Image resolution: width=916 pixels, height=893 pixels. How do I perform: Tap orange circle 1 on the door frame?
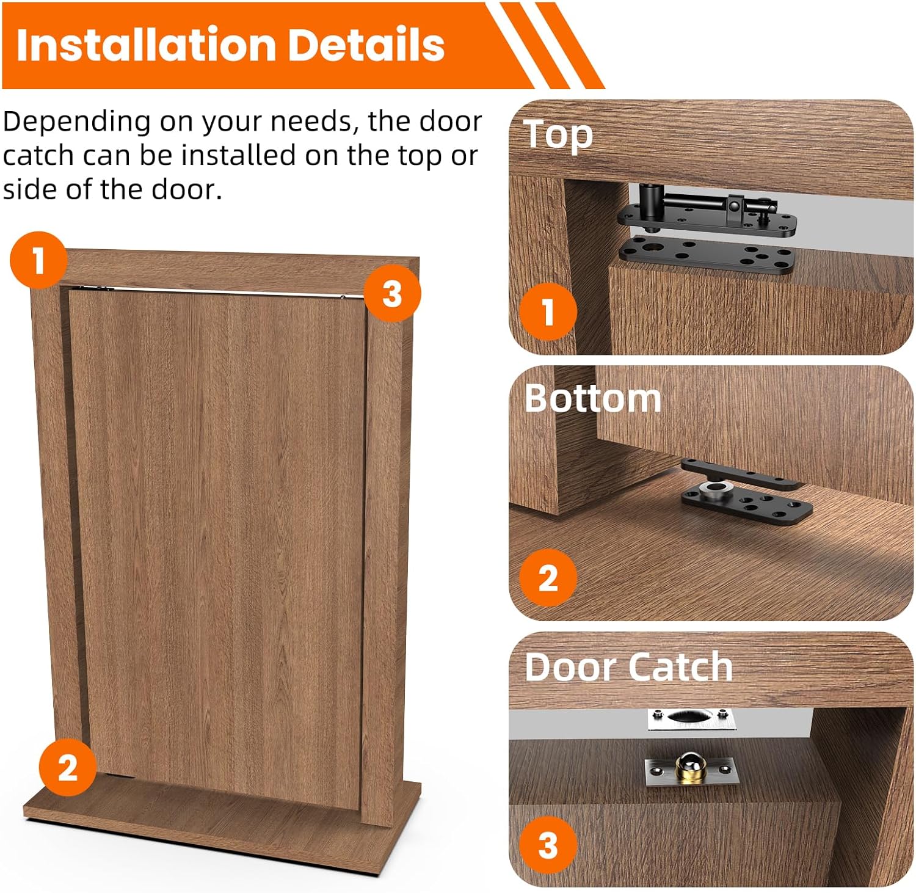click(x=38, y=260)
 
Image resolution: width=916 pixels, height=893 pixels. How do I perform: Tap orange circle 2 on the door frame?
click(x=67, y=767)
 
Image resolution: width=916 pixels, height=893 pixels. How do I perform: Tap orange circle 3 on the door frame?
click(x=392, y=294)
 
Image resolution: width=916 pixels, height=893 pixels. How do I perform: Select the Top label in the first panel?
click(x=558, y=134)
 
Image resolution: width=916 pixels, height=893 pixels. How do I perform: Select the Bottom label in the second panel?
click(x=592, y=398)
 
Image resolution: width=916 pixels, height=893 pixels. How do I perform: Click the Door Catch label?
click(x=628, y=666)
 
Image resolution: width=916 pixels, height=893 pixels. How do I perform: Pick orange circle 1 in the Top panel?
click(x=548, y=312)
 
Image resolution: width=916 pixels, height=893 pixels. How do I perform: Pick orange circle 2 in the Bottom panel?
click(x=548, y=577)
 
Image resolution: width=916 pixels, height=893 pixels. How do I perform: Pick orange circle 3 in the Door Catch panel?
click(x=548, y=845)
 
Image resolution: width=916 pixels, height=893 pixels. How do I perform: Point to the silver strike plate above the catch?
click(x=691, y=719)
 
